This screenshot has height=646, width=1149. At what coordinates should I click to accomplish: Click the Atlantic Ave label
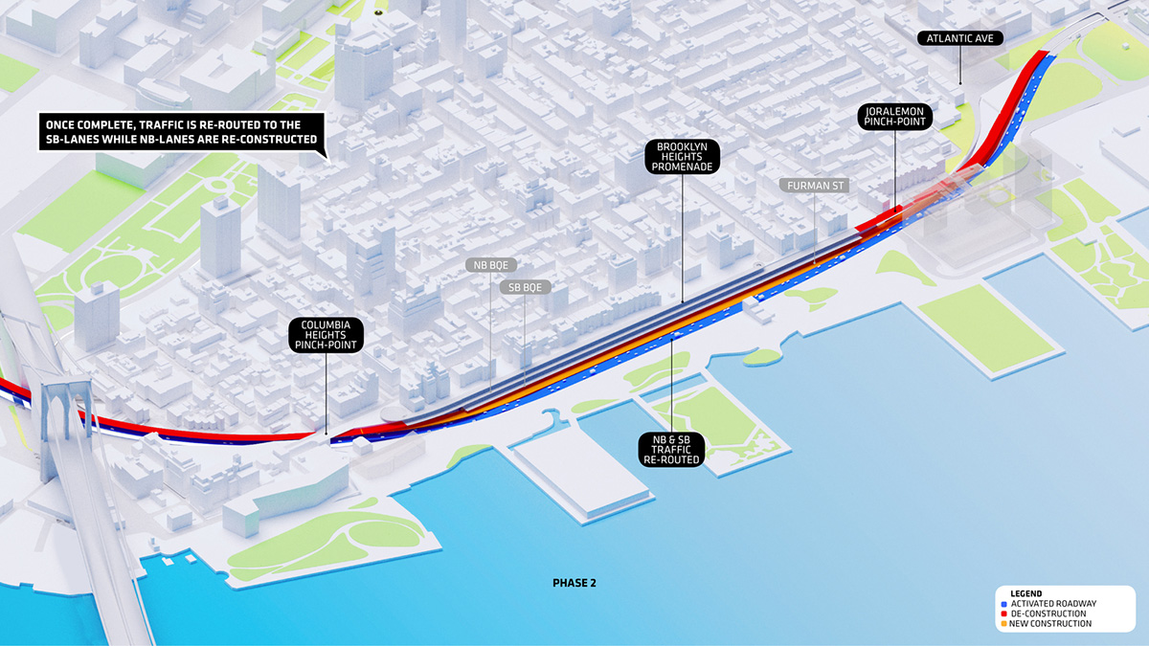click(961, 39)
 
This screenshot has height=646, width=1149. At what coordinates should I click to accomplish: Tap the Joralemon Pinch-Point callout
click(895, 120)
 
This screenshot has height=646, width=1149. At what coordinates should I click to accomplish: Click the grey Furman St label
click(815, 184)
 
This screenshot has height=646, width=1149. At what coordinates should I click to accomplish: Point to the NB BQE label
click(491, 264)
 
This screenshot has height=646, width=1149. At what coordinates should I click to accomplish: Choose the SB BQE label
click(525, 286)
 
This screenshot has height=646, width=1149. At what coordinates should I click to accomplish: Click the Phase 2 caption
click(574, 582)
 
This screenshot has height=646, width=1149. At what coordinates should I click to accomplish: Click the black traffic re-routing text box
click(179, 132)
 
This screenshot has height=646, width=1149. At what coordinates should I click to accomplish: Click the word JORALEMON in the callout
click(895, 112)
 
